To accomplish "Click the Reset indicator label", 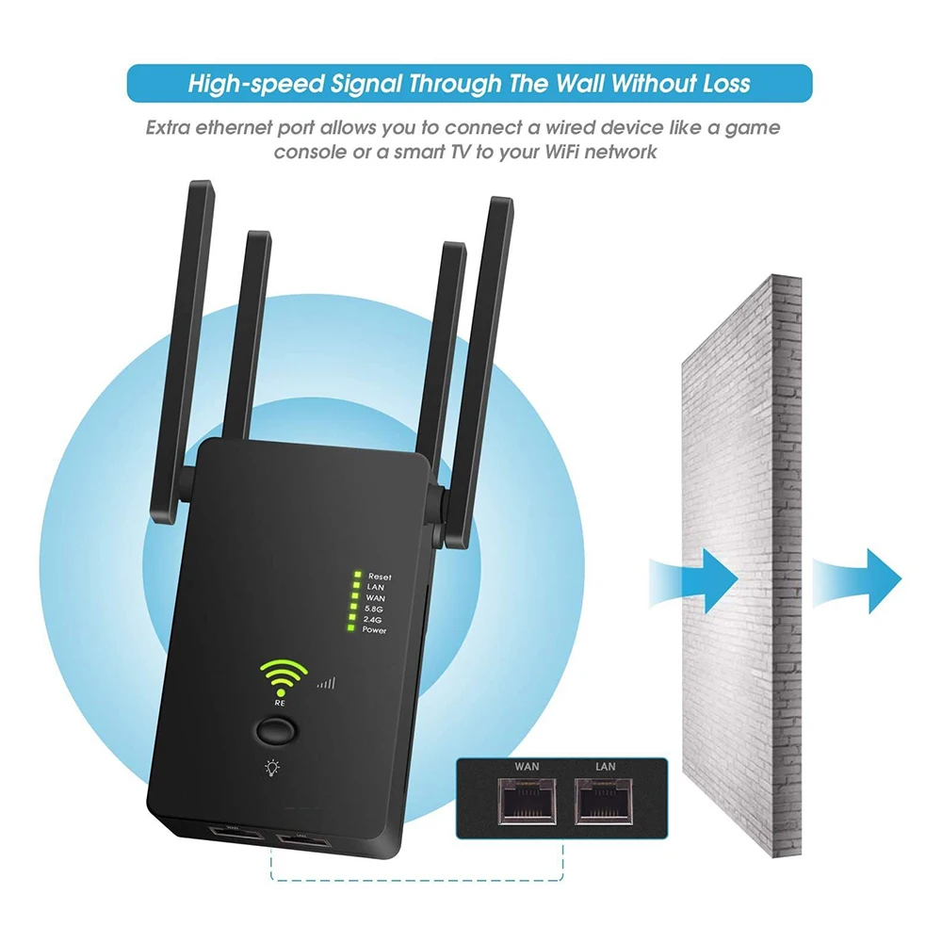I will (x=380, y=577).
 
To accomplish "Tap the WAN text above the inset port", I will (x=526, y=767).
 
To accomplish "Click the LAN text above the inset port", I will (x=606, y=767).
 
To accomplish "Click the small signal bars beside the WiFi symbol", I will (x=327, y=683).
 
